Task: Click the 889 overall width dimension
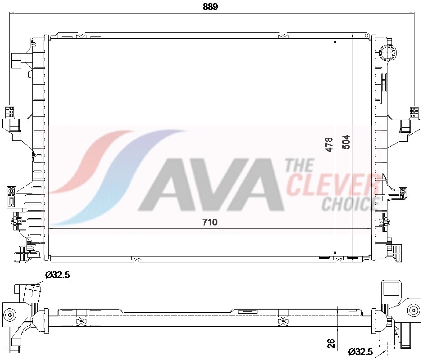tap(211, 6)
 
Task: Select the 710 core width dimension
tap(210, 222)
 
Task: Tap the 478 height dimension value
tap(329, 144)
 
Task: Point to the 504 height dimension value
tap(346, 142)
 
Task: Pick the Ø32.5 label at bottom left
tap(57, 275)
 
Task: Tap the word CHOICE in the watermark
tap(347, 204)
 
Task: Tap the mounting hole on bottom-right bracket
tap(413, 309)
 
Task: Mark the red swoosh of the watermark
tap(90, 162)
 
